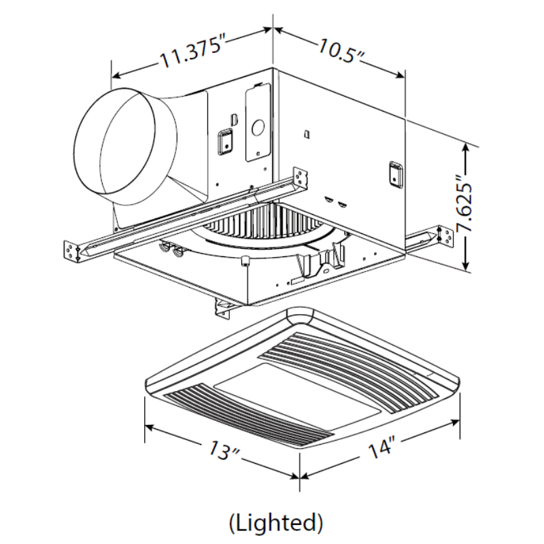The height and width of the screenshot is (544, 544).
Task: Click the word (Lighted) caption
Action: (x=275, y=522)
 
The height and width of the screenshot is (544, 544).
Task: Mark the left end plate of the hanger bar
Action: (x=71, y=250)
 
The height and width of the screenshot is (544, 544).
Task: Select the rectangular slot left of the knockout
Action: (x=222, y=143)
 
